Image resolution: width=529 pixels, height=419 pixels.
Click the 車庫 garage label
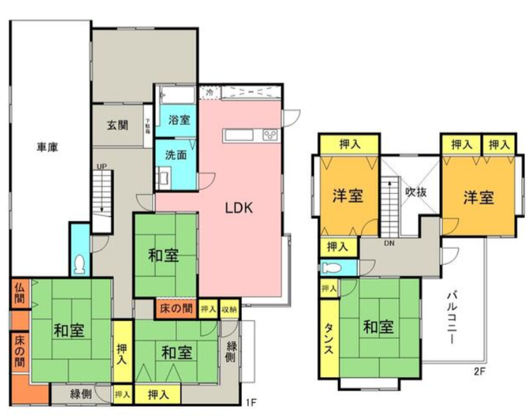point(48,148)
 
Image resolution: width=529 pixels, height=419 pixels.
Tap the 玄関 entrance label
point(118,124)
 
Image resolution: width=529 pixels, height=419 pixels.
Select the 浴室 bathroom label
point(179,120)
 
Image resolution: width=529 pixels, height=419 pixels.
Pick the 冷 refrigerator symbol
point(209,93)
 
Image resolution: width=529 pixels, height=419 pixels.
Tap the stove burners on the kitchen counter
point(272,134)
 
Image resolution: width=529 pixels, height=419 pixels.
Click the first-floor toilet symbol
point(80,263)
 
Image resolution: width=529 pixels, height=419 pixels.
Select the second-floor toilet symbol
point(332,268)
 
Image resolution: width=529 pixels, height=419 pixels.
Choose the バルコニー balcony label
point(453,317)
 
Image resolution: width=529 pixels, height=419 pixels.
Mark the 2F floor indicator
point(478,371)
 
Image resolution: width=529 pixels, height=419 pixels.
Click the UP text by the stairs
point(102,167)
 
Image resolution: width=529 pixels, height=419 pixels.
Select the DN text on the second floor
point(389,243)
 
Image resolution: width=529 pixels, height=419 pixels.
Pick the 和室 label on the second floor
point(377,327)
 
